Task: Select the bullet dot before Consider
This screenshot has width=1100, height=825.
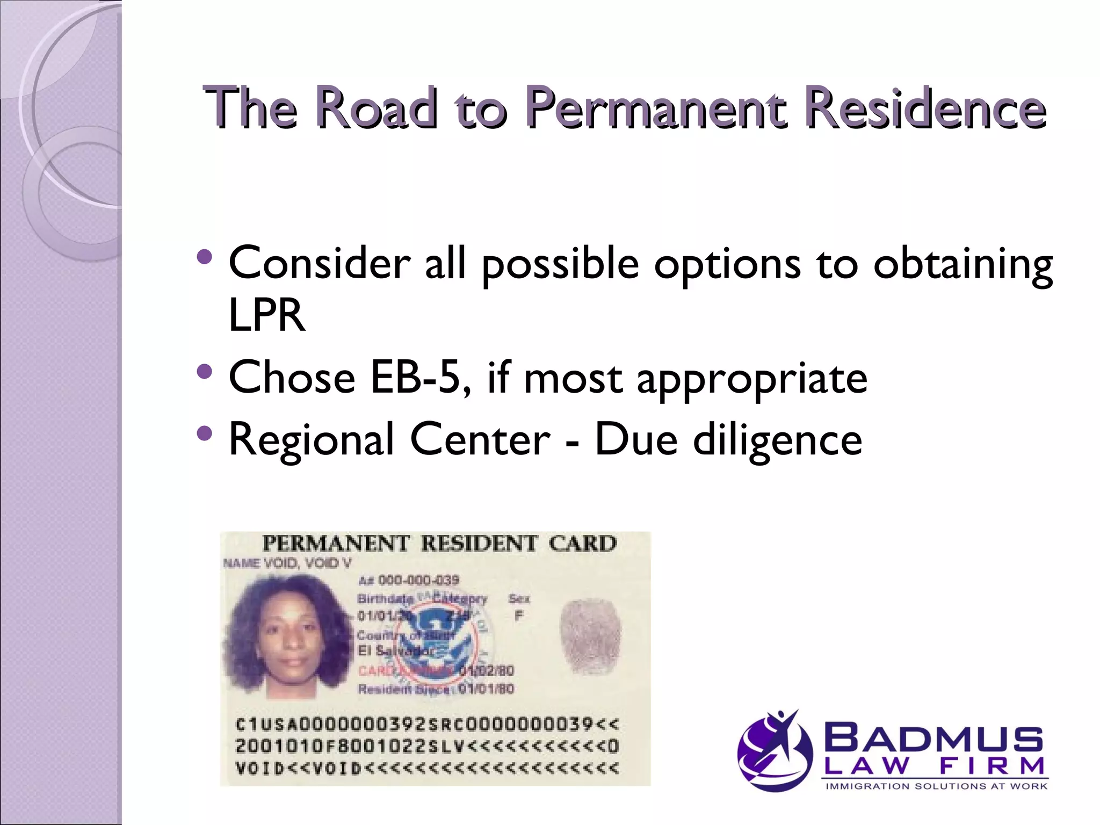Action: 205,257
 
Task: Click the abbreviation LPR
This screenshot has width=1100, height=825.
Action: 267,315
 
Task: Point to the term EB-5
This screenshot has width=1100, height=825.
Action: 420,378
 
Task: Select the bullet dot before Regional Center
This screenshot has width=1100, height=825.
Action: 205,433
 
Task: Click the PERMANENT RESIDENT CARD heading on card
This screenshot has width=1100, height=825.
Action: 439,544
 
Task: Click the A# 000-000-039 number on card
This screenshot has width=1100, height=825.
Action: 409,580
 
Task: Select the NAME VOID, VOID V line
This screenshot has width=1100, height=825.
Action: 287,563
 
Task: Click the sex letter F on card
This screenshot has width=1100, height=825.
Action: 518,616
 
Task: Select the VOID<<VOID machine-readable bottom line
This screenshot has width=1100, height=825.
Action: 427,769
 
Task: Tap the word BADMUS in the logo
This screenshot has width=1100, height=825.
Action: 933,739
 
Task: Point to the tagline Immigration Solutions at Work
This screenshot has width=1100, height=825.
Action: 936,786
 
